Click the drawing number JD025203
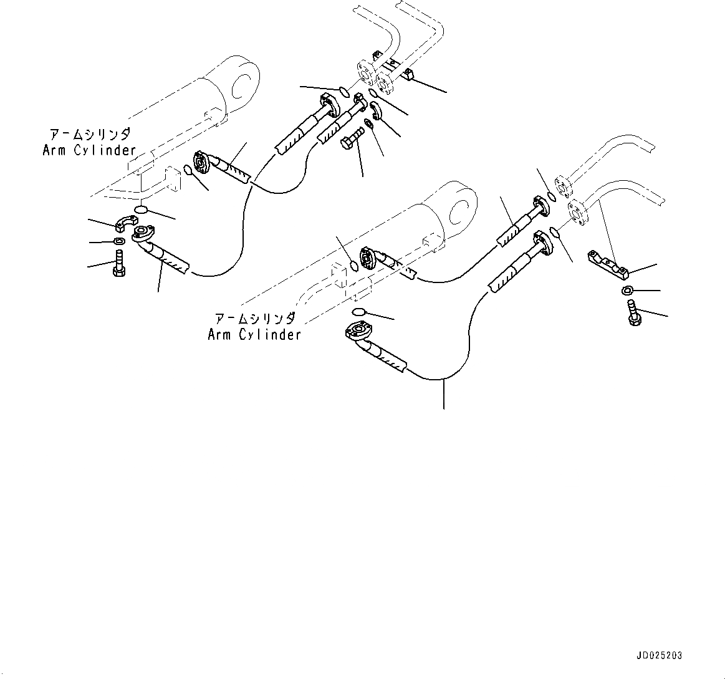point(659,656)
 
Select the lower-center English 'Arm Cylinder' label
point(254,335)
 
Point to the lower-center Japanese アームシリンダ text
point(254,319)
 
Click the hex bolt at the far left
point(119,264)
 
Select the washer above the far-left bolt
point(118,241)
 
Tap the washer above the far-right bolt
point(628,290)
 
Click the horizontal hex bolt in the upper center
point(353,138)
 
